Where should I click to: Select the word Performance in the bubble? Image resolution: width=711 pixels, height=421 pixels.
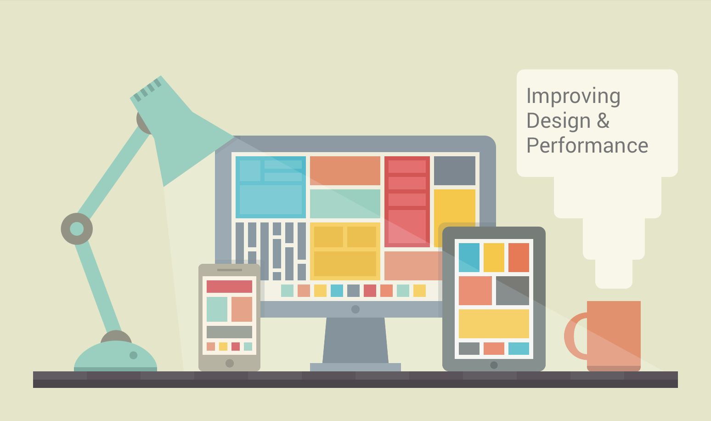[x=587, y=146]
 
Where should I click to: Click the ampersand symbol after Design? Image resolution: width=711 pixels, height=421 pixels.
[x=603, y=121]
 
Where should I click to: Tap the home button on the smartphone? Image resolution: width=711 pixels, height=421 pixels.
[x=230, y=363]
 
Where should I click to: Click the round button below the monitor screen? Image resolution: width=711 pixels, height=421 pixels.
[x=355, y=309]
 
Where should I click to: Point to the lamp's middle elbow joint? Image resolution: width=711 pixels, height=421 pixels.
[x=77, y=228]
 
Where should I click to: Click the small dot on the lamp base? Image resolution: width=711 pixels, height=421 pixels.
[x=133, y=355]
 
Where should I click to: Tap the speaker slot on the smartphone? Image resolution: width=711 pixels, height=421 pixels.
[x=229, y=270]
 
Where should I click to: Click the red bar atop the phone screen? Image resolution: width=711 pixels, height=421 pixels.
[x=229, y=286]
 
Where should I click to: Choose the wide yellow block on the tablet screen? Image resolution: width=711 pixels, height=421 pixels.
[x=494, y=324]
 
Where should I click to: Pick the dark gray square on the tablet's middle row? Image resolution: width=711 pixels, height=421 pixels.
[x=513, y=290]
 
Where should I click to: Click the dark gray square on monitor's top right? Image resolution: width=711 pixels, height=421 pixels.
[x=454, y=171]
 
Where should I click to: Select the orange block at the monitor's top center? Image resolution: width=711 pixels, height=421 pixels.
[x=345, y=171]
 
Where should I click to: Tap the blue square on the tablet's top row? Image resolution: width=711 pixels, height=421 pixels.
[x=469, y=257]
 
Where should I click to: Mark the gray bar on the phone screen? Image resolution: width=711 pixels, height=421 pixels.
[x=229, y=332]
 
